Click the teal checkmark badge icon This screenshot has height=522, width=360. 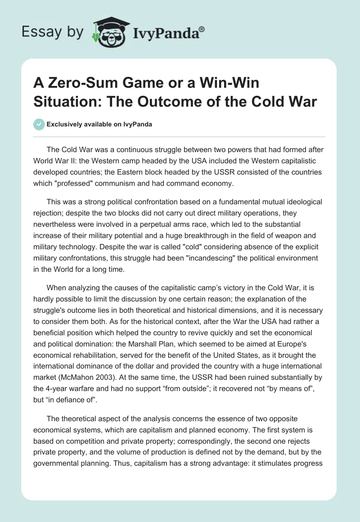(40, 124)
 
